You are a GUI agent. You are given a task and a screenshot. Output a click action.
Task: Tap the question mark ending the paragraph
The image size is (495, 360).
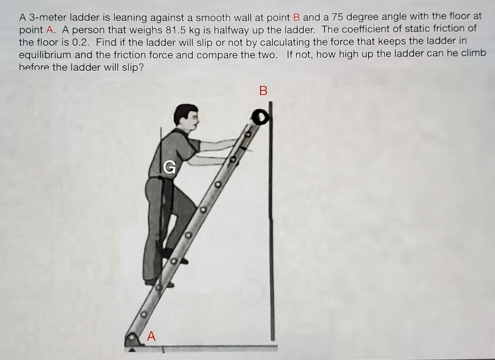pos(141,67)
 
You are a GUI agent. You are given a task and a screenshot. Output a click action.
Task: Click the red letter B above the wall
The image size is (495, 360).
pos(263,91)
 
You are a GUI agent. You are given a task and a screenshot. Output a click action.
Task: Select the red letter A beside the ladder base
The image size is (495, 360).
pos(151,336)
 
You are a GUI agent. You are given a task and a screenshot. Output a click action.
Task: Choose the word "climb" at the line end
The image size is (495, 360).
pos(473,54)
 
